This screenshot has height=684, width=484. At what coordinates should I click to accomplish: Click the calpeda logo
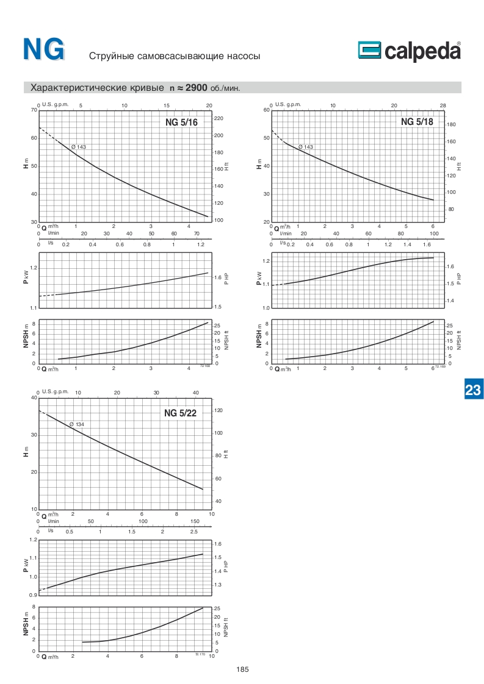pyautogui.click(x=410, y=52)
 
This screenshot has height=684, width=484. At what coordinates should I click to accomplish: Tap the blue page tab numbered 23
pyautogui.click(x=474, y=390)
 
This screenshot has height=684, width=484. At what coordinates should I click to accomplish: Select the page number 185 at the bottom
pyautogui.click(x=242, y=669)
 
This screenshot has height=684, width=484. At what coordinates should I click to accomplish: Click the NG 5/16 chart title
pyautogui.click(x=181, y=123)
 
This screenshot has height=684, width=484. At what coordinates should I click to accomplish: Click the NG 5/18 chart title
pyautogui.click(x=417, y=122)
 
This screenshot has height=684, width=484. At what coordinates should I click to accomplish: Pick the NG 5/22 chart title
pyautogui.click(x=180, y=413)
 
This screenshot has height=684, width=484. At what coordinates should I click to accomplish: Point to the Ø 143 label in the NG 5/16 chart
pyautogui.click(x=78, y=147)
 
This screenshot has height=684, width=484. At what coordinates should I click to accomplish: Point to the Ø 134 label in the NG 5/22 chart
pyautogui.click(x=76, y=424)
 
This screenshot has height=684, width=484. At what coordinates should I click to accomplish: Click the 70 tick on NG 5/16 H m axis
pyautogui.click(x=34, y=110)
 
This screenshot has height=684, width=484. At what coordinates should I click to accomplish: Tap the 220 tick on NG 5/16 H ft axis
pyautogui.click(x=219, y=118)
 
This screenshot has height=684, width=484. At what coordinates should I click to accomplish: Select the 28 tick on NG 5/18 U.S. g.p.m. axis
pyautogui.click(x=443, y=105)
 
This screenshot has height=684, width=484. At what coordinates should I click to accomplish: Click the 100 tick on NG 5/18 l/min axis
pyautogui.click(x=434, y=233)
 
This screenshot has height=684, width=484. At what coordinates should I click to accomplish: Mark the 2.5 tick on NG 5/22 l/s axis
pyautogui.click(x=193, y=531)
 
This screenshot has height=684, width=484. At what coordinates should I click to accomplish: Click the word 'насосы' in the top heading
pyautogui.click(x=243, y=56)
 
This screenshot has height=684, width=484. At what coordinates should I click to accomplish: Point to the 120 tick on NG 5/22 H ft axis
pyautogui.click(x=219, y=411)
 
